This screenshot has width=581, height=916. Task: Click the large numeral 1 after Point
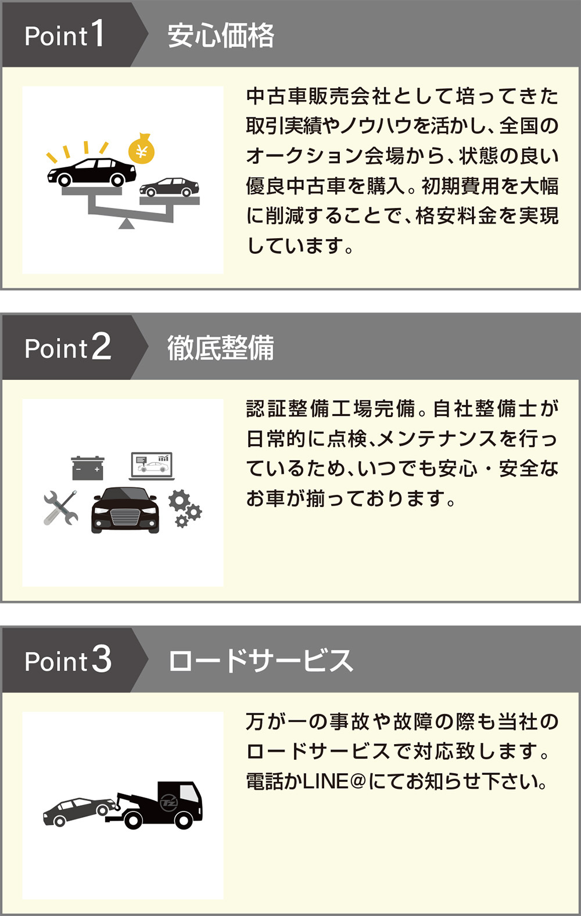pos(97,34)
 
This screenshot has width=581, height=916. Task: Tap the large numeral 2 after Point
pos(101,347)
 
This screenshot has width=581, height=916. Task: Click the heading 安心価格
pos(221,35)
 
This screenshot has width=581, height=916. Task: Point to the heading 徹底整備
pos(221,348)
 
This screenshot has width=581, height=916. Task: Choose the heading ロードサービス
pos(260,661)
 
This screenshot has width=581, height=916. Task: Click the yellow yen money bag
pos(141,149)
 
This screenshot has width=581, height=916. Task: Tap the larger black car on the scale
pos(92,172)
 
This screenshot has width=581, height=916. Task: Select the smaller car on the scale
pos(169,187)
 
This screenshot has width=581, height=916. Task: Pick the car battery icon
pos(88,468)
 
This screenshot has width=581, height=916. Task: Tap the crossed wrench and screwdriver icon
pos(60,508)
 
